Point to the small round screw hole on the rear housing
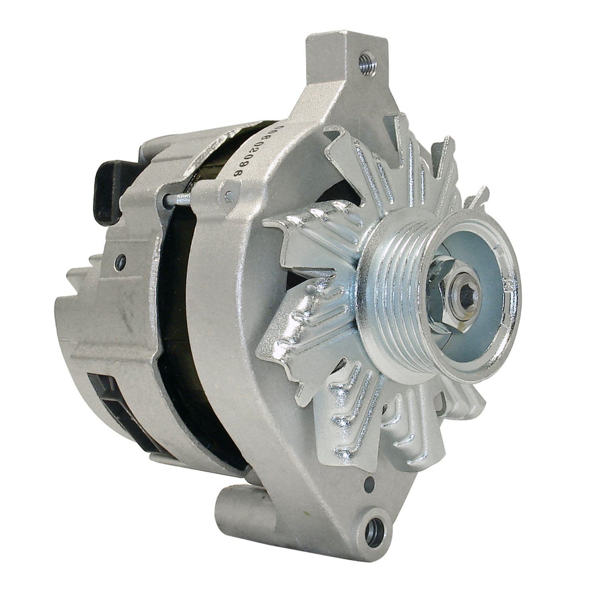click(x=121, y=259)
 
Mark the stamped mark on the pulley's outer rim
click(x=506, y=285)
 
